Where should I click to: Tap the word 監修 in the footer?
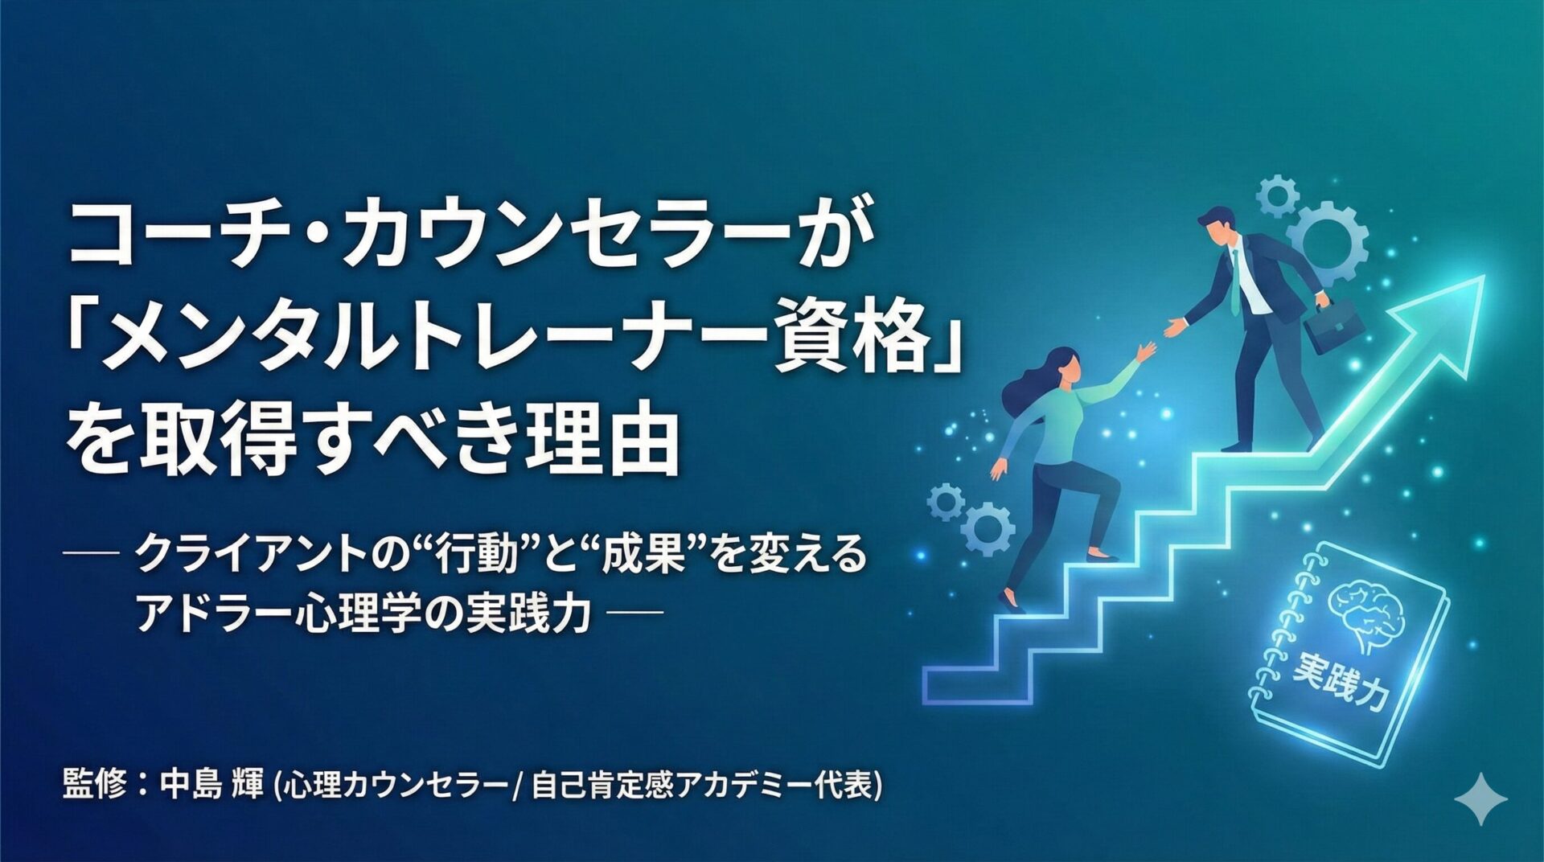95,784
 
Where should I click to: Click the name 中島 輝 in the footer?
211,784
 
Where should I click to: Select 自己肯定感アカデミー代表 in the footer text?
703,785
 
